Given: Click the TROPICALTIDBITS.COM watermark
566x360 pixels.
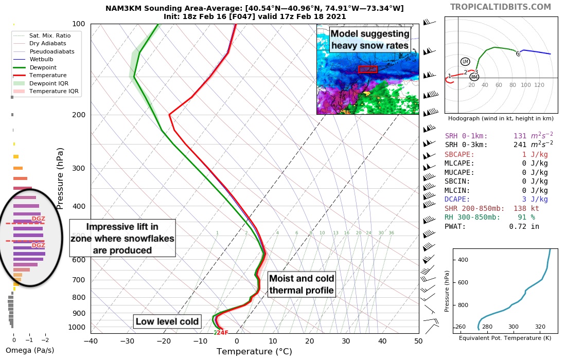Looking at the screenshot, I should pos(500,7).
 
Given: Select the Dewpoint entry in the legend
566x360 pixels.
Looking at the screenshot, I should pos(43,67).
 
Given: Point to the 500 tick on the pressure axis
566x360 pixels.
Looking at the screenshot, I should pos(78,236).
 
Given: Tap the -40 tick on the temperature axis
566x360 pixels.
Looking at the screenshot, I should pos(91,340).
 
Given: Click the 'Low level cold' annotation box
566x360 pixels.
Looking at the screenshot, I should pos(167,322).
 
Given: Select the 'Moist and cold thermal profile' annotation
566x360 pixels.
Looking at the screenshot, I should pos(302,284).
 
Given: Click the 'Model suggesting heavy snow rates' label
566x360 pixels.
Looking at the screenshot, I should pos(370,40).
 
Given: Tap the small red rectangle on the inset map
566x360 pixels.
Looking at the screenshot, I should pos(367,69).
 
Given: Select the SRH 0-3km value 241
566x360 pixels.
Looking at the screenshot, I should pos(524,145).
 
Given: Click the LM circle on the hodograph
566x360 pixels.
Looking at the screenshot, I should pos(465,61).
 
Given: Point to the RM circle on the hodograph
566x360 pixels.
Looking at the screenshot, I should pos(474,77).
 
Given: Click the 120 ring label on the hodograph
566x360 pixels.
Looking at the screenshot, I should pos(539,85).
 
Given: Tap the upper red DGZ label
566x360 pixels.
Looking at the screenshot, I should pos(39,219).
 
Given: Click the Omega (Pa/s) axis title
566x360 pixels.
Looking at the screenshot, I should pos(29,350).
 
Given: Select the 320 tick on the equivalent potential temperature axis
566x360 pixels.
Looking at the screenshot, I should pos(540,327).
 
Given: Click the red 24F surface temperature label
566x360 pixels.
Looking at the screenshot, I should pos(222,333).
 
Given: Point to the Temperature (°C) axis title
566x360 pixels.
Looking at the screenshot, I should pos(254,352).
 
